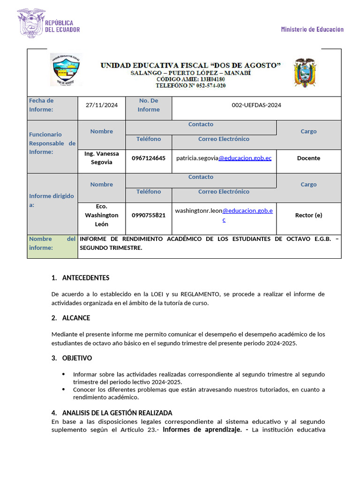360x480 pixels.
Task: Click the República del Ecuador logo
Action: tap(48, 23)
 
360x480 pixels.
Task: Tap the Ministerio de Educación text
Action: tap(312, 29)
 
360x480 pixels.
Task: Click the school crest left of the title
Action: tap(65, 69)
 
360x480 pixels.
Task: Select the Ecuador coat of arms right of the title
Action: tap(305, 73)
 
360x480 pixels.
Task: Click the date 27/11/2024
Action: tap(102, 105)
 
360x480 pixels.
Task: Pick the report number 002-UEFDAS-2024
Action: tap(256, 105)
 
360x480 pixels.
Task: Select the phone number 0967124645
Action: tap(149, 158)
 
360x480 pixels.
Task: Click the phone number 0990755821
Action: tap(149, 215)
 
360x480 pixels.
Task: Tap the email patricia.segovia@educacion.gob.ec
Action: tap(224, 158)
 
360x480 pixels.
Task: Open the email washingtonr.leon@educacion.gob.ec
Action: tap(224, 215)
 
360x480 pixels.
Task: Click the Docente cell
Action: tap(308, 158)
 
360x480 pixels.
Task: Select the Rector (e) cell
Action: tap(308, 215)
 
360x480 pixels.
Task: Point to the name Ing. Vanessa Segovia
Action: tap(102, 158)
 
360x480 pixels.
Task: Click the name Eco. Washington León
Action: tap(102, 215)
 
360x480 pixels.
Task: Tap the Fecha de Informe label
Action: tap(42, 105)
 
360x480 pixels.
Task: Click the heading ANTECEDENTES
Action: tap(86, 278)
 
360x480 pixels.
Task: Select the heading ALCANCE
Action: tap(76, 318)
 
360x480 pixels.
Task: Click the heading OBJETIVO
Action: tap(77, 358)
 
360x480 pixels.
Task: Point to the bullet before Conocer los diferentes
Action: tap(64, 390)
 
